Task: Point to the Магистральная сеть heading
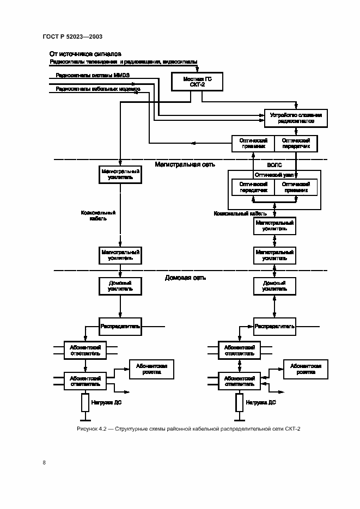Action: point(185,164)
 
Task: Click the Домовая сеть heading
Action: point(185,278)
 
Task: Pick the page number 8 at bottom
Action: point(44,463)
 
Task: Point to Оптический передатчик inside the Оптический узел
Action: point(253,187)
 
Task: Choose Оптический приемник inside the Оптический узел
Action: point(296,187)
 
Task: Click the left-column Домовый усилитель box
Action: point(120,286)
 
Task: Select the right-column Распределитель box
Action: point(274,327)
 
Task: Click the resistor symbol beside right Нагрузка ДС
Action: point(239,403)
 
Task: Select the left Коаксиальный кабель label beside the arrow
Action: point(99,216)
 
